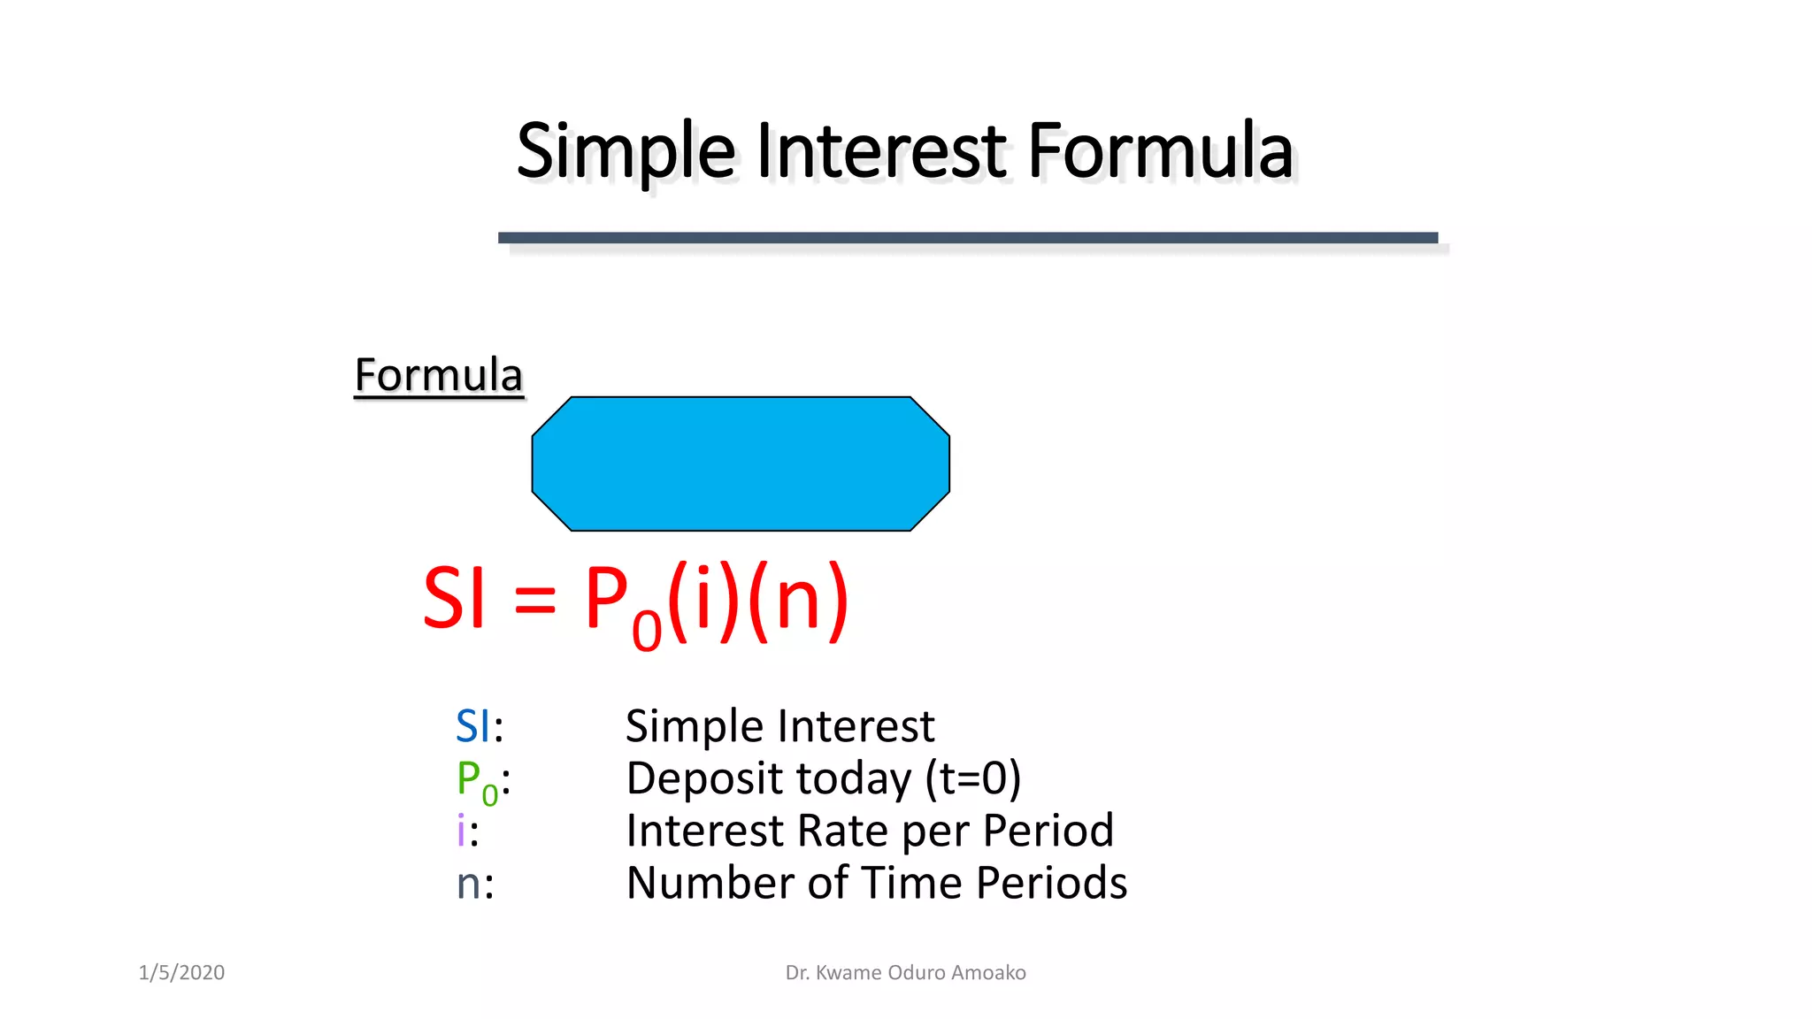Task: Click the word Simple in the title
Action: pyautogui.click(x=625, y=152)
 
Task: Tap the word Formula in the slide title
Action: pyautogui.click(x=1160, y=152)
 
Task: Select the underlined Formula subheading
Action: pyautogui.click(x=439, y=375)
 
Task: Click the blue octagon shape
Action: pyautogui.click(x=741, y=464)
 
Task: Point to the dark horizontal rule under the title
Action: pyautogui.click(x=967, y=238)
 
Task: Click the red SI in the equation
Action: pyautogui.click(x=455, y=600)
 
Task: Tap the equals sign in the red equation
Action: pyautogui.click(x=534, y=601)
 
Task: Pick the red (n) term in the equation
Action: pyautogui.click(x=798, y=600)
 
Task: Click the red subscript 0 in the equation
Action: pyautogui.click(x=647, y=631)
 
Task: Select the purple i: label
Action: pyautogui.click(x=467, y=831)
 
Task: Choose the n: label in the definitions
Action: pyautogui.click(x=475, y=884)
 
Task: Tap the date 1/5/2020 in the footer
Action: pyautogui.click(x=181, y=973)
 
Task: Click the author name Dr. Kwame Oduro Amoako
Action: pyautogui.click(x=905, y=973)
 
